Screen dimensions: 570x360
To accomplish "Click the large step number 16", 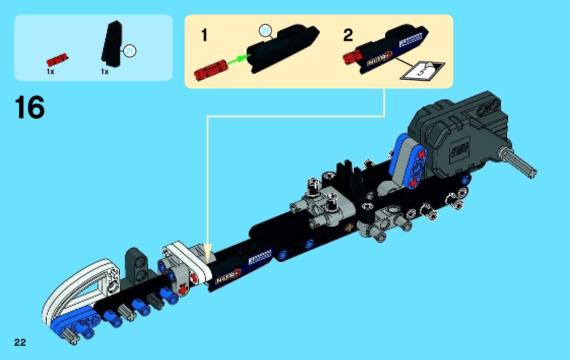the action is point(30,108).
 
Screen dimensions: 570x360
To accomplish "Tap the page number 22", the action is point(20,342).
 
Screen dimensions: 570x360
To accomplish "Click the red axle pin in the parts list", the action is point(57,59).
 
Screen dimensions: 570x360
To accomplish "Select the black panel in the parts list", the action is point(113,46).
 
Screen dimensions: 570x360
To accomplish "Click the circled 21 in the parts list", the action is point(130,51).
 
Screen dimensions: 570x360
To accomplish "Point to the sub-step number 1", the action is point(204,36).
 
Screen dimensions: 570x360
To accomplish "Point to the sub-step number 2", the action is point(348,36).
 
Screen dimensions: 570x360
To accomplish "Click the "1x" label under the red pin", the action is point(51,72).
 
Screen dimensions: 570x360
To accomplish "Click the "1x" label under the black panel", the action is point(105,72).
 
